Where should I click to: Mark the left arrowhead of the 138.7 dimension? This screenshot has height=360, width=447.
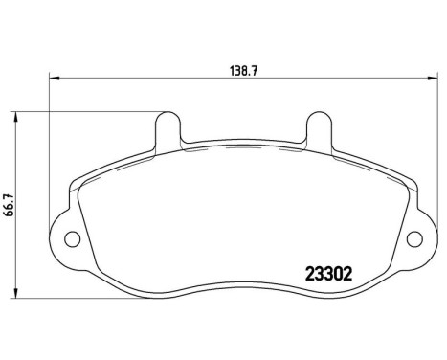[x=53, y=79]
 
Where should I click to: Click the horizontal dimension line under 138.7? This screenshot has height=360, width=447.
[x=144, y=79]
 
